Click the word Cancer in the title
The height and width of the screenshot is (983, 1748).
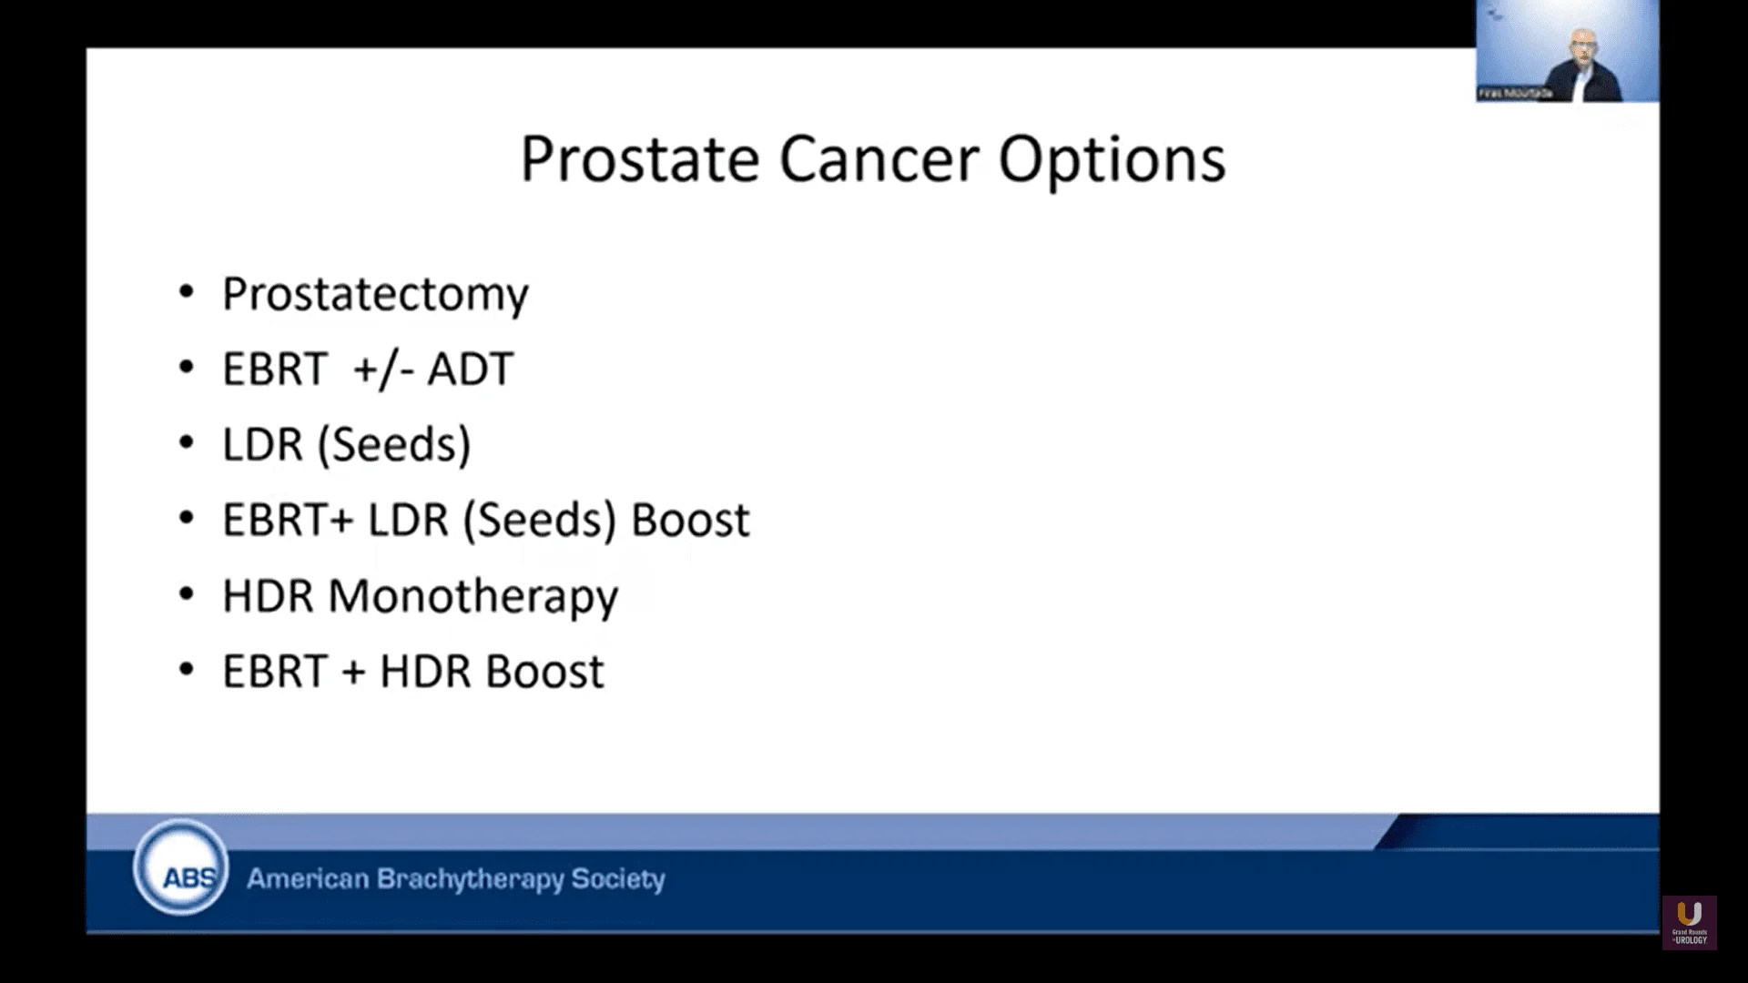(x=879, y=160)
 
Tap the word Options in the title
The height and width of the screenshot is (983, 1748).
(x=1112, y=160)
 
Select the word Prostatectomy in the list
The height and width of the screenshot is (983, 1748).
(x=375, y=294)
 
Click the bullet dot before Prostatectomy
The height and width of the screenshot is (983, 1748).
(x=187, y=292)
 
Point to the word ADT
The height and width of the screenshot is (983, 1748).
(x=471, y=369)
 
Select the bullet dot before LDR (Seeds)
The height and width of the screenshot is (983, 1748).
(x=187, y=443)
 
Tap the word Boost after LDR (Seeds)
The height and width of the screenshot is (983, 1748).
(x=690, y=520)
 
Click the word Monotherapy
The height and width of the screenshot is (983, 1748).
(x=473, y=597)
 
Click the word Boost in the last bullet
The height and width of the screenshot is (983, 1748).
(x=544, y=672)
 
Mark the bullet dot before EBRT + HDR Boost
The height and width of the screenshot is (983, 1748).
(x=187, y=671)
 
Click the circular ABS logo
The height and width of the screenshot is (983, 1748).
(x=180, y=868)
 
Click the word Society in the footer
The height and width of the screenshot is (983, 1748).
(x=618, y=879)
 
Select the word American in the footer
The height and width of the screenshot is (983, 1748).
(x=308, y=879)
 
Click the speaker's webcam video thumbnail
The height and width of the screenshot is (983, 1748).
(x=1567, y=51)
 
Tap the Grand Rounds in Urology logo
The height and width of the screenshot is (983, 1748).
(x=1689, y=922)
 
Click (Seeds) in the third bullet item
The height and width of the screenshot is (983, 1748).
(x=394, y=444)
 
